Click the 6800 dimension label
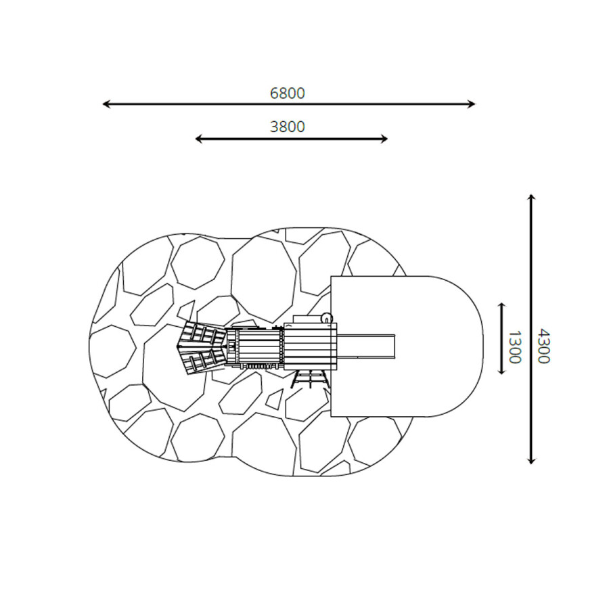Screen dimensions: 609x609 click(x=288, y=93)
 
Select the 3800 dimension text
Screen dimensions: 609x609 click(x=288, y=127)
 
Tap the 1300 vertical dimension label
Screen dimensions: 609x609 click(x=515, y=347)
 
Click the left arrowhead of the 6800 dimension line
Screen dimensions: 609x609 click(x=106, y=104)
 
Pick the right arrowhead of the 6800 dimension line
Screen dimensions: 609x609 click(x=472, y=104)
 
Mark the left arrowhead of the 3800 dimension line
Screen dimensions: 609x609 click(x=198, y=139)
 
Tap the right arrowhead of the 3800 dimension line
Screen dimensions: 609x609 click(x=384, y=139)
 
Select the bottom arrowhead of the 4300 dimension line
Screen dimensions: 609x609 click(x=531, y=461)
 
